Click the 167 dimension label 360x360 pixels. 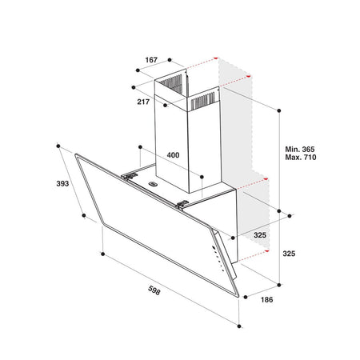pos(151,60)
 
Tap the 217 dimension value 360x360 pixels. pos(143,102)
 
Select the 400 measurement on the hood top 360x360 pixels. pos(173,155)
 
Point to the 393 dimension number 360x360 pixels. pos(62,184)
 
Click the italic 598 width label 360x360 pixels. pos(154,290)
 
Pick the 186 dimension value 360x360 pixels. pos(266,300)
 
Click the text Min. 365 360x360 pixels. pos(300,149)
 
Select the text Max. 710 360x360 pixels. pos(301,157)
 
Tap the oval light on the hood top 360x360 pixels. pos(153,183)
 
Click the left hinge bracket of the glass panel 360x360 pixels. pos(130,176)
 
